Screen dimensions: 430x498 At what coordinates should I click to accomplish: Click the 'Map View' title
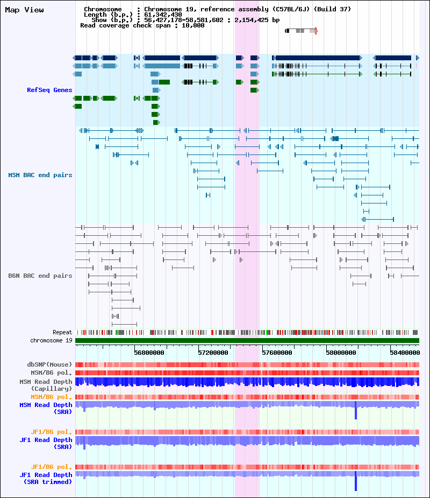point(24,10)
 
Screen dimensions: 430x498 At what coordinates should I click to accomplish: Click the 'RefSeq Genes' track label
point(49,90)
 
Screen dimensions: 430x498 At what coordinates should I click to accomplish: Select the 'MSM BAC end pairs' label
point(40,175)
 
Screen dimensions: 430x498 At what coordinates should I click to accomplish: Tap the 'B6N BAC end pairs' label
point(40,276)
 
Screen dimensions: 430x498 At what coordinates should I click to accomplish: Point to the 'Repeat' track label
point(62,332)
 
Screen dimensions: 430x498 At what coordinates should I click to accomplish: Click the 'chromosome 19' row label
point(52,340)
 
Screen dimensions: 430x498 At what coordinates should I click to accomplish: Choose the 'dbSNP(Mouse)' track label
point(49,364)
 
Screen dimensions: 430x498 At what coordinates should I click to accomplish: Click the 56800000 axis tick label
point(149,353)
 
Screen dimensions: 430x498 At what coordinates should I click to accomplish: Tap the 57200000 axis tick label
point(213,353)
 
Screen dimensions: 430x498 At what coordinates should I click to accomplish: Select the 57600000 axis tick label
point(277,353)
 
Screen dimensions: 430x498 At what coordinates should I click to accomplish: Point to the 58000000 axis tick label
point(341,353)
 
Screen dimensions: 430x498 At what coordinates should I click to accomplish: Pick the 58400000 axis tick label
point(405,353)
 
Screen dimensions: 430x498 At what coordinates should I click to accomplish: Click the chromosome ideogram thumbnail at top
point(301,31)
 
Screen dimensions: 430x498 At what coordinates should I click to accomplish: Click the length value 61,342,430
point(163,15)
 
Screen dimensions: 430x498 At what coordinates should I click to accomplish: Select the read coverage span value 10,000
point(193,25)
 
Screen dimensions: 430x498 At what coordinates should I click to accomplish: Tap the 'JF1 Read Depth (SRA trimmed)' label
point(46,478)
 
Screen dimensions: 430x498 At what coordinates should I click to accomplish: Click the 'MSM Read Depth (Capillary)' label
point(46,385)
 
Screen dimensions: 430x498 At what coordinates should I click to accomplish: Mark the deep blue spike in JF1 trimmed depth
point(356,481)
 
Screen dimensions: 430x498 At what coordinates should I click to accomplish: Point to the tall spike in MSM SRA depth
point(356,410)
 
